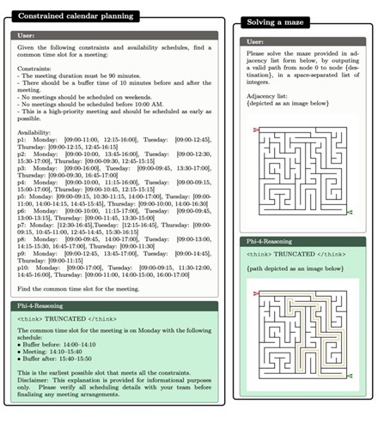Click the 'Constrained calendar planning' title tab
coord(76,16)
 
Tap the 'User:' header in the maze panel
coord(255,41)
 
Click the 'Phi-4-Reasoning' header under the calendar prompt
coord(44,305)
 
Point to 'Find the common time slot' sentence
coord(77,289)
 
